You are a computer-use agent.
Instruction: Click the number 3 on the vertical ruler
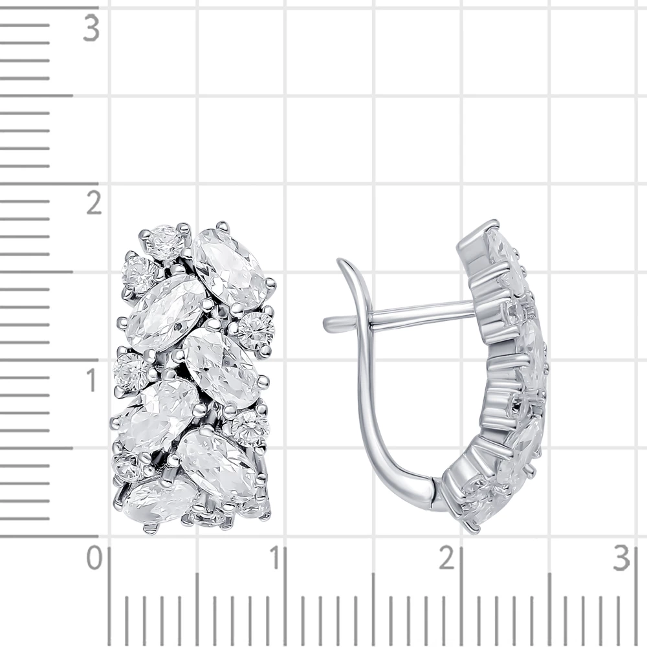pos(91,28)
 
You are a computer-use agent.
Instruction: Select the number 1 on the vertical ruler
pos(92,380)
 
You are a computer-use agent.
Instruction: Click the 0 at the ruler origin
pos(94,558)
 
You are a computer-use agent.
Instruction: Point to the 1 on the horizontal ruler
pos(274,558)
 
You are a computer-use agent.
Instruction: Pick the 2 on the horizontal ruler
pos(447,558)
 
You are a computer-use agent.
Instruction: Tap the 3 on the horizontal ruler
pos(622,558)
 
